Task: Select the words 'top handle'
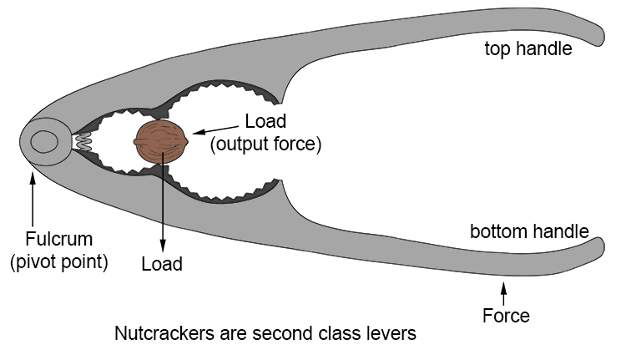tap(528, 48)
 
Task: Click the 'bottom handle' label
tap(529, 231)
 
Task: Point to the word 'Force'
tap(506, 316)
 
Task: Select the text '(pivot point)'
tap(58, 261)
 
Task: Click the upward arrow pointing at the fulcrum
tap(33, 196)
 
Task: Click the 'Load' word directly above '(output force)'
tap(265, 121)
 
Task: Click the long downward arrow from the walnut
tap(162, 200)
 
